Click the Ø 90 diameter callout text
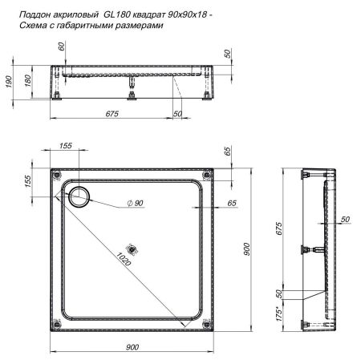click(133, 204)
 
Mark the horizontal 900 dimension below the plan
click(132, 346)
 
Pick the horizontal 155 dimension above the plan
click(65, 145)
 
